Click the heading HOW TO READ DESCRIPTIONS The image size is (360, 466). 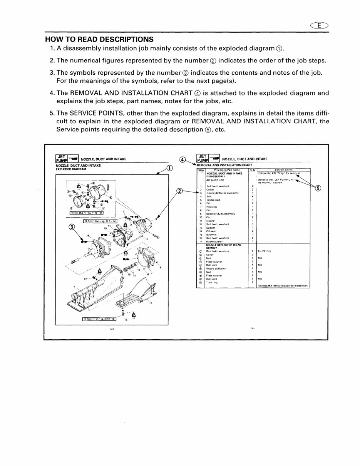[99, 39]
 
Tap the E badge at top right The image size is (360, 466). [320, 26]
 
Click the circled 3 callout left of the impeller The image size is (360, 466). [72, 227]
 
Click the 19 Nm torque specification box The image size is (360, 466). [101, 221]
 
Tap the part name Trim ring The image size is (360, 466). [212, 282]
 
